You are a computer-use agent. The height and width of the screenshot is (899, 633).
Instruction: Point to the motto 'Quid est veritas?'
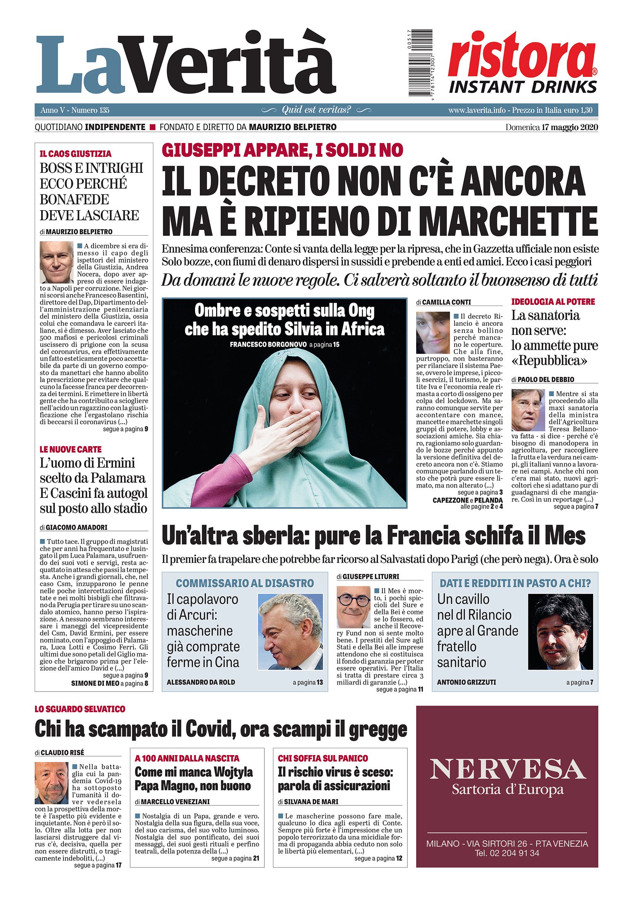316,110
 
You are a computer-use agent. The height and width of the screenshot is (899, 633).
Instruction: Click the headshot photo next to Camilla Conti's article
433,332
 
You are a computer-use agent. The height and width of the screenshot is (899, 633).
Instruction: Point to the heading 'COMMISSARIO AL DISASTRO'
245,583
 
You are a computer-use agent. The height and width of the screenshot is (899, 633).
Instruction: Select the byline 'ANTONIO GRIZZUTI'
466,682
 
